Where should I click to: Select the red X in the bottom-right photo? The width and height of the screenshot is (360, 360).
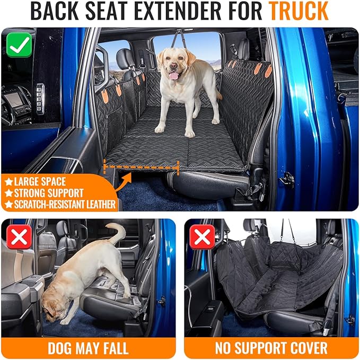click(202, 238)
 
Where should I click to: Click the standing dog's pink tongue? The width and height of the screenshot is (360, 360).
click(172, 75)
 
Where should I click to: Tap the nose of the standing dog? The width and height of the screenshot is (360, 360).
click(172, 67)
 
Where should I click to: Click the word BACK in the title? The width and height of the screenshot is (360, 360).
click(56, 11)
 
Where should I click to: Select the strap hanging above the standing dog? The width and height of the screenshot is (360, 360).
click(180, 38)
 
